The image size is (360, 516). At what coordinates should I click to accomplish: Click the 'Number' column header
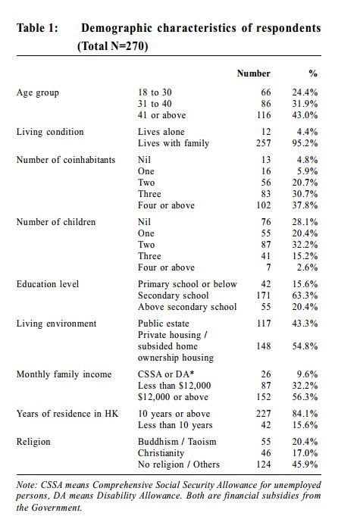coord(253,73)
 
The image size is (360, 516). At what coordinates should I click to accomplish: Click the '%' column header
coord(313,73)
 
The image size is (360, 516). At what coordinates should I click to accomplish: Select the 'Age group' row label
coord(37,93)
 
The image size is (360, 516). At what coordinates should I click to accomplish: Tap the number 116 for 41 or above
coord(264,115)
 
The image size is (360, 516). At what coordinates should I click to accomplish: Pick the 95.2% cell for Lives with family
coord(305,143)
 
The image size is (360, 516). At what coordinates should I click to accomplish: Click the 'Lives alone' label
coord(161,132)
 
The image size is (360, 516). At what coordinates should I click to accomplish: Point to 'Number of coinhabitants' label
coord(66,160)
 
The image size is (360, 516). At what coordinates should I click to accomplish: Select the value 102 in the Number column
coord(264,205)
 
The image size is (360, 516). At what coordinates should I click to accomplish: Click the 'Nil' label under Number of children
coord(144,222)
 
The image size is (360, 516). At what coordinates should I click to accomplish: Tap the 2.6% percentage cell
coord(307,267)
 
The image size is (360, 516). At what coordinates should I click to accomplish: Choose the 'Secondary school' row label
coord(173,296)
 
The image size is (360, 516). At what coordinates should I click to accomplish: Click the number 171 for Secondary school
coord(264,296)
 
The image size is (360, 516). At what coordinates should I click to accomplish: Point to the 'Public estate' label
coord(163,324)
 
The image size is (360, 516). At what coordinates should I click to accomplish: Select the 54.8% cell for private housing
coord(305,346)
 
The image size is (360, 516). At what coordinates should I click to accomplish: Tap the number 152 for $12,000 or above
coord(264,397)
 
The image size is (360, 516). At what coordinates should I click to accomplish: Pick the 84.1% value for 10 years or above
coord(305,414)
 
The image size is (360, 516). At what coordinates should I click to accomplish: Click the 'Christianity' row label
coord(161,453)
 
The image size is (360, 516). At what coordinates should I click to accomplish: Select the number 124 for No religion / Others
coord(264,464)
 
